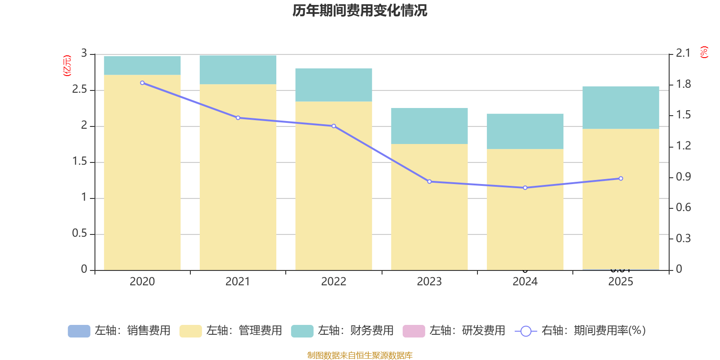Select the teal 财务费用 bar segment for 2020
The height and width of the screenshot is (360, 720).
142,65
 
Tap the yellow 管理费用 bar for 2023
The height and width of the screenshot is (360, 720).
429,207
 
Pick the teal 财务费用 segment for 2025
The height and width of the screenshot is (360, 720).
621,108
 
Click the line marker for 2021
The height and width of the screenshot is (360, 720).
238,118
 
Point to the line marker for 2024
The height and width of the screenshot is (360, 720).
525,188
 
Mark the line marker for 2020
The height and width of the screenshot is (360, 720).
142,83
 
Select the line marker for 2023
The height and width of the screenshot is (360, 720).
429,182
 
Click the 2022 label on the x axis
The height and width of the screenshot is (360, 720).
333,282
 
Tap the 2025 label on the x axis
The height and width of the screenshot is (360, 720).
621,282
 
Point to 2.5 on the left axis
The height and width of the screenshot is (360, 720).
80,90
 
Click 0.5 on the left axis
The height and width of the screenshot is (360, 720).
80,234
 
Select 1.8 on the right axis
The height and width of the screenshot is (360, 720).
683,84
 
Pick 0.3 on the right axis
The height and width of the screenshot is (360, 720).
683,238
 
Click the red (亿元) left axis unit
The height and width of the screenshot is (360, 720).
67,66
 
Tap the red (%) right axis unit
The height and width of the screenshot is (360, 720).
704,52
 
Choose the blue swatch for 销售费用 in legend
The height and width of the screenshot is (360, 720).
79,331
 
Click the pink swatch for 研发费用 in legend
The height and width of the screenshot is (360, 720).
414,331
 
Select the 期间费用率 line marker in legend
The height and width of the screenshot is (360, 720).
526,331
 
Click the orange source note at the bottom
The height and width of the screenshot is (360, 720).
360,355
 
